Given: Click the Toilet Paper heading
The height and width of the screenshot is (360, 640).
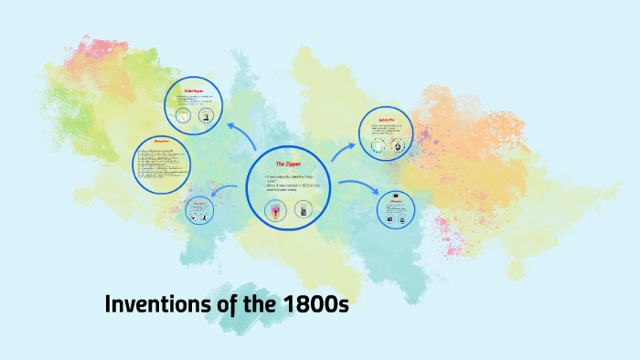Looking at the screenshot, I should coord(196,91).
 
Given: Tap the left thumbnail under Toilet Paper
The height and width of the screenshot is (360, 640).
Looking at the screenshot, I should coord(185,116).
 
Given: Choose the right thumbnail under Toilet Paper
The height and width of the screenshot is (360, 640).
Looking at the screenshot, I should coord(206,116).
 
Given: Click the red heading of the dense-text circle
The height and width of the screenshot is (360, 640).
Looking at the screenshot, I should coord(162,141).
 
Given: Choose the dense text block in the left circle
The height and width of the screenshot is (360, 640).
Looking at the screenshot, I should coord(161,164).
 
